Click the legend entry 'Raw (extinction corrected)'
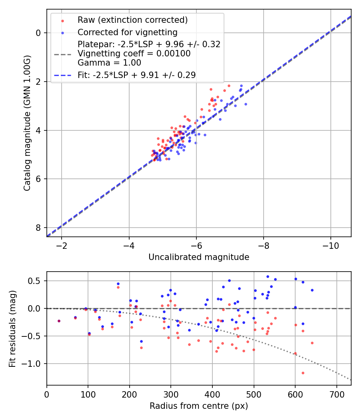click(132, 20)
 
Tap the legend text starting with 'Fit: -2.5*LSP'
click(136, 75)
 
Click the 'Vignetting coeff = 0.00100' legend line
click(134, 54)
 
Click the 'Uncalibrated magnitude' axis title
click(199, 257)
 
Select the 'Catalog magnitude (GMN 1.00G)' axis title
click(27, 123)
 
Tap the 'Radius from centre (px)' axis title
click(199, 406)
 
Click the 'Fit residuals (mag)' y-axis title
click(12, 329)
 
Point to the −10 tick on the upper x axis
click(330, 245)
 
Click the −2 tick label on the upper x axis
click(62, 245)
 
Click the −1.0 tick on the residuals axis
click(34, 364)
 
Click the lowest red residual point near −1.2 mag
click(303, 373)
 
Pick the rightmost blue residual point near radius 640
click(312, 290)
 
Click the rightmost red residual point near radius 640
click(312, 343)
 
